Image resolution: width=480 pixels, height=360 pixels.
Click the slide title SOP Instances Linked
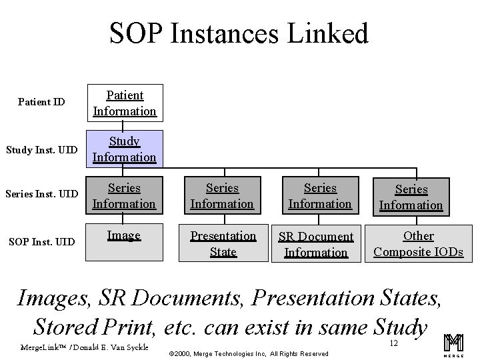point(239,33)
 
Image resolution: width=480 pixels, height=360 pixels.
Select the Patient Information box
point(125,103)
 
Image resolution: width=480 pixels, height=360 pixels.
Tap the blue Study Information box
point(125,149)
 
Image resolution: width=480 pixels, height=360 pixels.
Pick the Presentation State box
point(223,243)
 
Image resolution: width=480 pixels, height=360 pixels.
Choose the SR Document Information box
point(315,243)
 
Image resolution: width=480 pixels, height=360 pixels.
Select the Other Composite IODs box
point(418,243)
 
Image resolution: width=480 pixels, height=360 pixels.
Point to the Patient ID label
point(41,102)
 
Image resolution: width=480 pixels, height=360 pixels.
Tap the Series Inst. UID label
point(42,194)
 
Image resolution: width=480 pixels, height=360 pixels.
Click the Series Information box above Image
point(125,196)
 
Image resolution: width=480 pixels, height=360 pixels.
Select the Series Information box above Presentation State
point(223,196)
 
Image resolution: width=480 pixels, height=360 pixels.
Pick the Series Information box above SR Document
point(320,196)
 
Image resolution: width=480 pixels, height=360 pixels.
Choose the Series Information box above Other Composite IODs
point(411,197)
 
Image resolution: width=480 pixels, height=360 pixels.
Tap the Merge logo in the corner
point(453,345)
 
